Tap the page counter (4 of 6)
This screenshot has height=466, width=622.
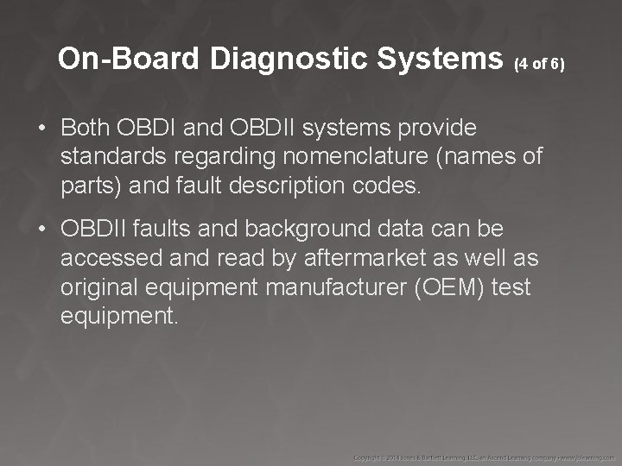pyautogui.click(x=539, y=64)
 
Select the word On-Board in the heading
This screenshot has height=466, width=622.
pyautogui.click(x=130, y=59)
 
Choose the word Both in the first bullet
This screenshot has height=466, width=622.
pyautogui.click(x=85, y=129)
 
